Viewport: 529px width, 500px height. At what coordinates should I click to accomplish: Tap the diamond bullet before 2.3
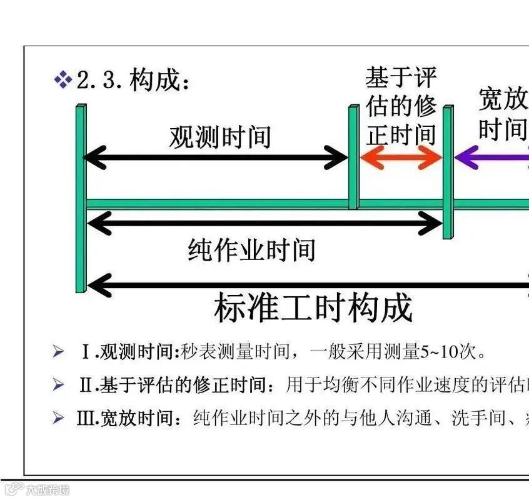(x=63, y=80)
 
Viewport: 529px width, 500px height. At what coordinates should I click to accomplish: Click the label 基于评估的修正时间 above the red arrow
(x=401, y=107)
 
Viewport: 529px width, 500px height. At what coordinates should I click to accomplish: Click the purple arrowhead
(x=466, y=157)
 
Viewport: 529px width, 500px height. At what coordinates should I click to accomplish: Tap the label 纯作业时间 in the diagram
(x=251, y=250)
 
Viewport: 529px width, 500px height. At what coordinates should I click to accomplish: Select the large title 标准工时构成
(x=313, y=308)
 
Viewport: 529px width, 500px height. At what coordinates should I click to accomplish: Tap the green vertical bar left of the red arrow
(x=353, y=156)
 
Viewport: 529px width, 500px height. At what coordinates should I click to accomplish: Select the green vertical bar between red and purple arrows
(x=448, y=172)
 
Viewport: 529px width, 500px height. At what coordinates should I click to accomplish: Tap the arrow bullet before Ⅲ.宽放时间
(x=59, y=417)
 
